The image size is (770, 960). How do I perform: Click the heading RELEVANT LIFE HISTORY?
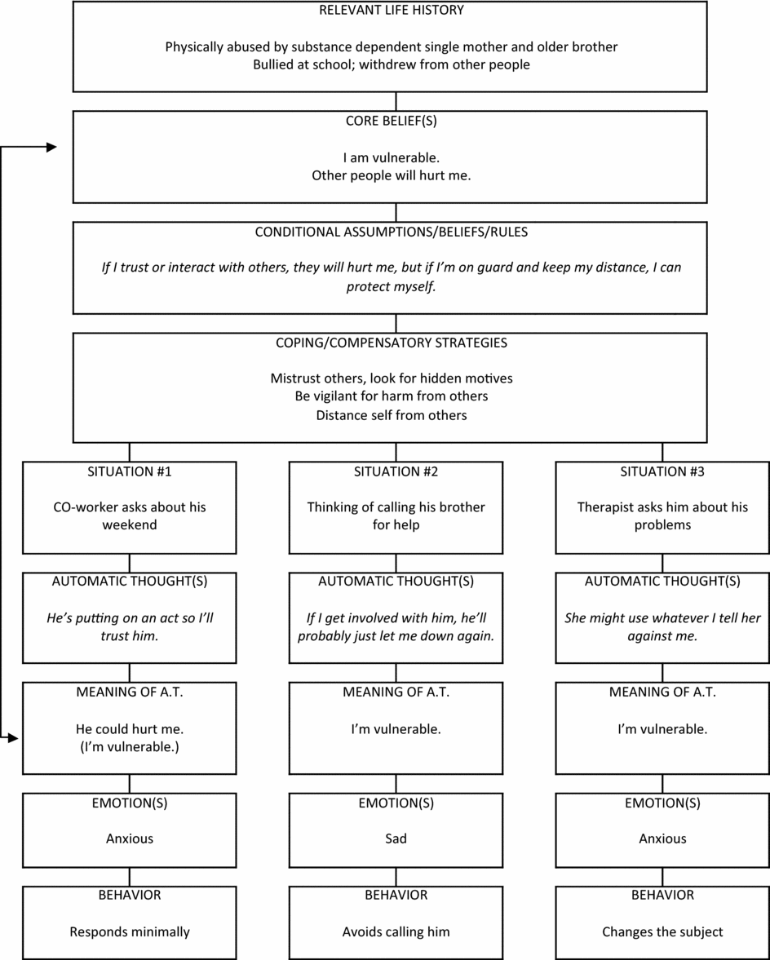click(x=392, y=11)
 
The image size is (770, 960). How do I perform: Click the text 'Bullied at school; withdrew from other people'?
click(x=392, y=64)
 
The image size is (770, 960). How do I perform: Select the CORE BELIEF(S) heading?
click(x=392, y=121)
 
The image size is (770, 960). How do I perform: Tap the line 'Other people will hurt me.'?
click(x=392, y=175)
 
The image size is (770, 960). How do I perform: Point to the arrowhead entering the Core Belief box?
click(x=51, y=148)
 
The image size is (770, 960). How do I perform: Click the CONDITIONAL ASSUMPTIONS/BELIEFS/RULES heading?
click(x=392, y=232)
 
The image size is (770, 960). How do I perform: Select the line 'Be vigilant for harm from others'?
click(x=392, y=396)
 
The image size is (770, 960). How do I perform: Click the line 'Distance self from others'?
click(x=392, y=415)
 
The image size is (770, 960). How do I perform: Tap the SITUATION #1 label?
click(x=130, y=471)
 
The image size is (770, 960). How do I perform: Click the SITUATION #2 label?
click(x=396, y=471)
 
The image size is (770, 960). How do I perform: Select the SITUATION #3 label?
click(x=662, y=471)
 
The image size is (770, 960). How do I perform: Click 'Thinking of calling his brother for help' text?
click(x=396, y=515)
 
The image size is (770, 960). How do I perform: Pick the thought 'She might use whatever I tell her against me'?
click(x=662, y=626)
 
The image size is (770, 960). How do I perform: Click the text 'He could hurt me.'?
click(x=130, y=728)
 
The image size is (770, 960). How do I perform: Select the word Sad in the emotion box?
click(x=396, y=838)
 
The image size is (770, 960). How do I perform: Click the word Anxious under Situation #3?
click(x=662, y=838)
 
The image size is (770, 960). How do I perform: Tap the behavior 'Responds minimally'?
click(x=130, y=931)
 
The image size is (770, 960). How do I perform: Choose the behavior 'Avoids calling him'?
click(x=396, y=931)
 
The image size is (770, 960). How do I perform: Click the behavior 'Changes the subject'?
click(x=662, y=931)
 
